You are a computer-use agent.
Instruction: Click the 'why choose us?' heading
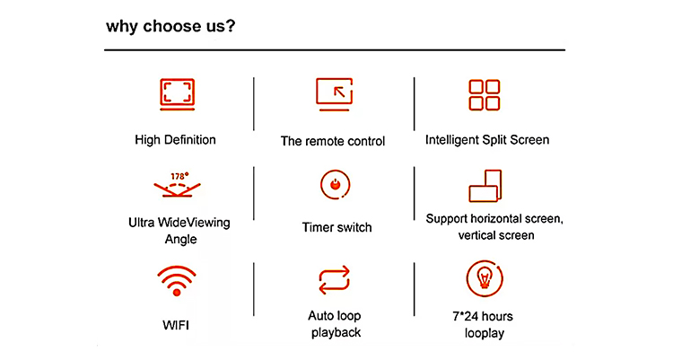pos(170,27)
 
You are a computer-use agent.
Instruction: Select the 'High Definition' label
pos(175,140)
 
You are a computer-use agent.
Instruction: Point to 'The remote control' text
pos(333,141)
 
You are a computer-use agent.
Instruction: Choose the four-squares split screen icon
pos(485,95)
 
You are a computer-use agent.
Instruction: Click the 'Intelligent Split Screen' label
pos(487,140)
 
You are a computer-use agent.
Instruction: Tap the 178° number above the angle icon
pos(179,176)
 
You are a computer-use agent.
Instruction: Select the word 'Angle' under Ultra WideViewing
pos(180,240)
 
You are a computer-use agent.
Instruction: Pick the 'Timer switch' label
pos(336,227)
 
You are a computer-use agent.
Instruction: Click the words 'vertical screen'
pos(496,235)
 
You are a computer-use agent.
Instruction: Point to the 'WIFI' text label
pos(176,325)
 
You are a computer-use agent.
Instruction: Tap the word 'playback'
pos(336,333)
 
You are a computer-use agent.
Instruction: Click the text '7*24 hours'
pos(483,317)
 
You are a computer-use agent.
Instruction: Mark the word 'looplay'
pos(485,333)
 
